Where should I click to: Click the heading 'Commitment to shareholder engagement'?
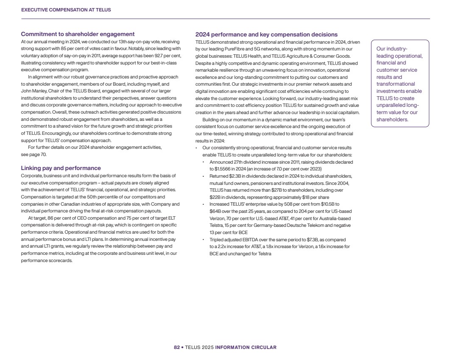[78, 34]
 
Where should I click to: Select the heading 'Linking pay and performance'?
[61, 168]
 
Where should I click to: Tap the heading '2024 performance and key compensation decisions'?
[266, 34]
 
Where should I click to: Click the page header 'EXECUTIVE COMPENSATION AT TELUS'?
[66, 10]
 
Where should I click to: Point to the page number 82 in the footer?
[176, 347]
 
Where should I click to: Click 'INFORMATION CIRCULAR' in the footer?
[246, 347]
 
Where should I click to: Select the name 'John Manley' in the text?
[34, 91]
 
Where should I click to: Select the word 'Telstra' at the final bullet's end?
[263, 254]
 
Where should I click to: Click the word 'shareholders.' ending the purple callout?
[392, 120]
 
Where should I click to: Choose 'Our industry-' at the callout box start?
[391, 49]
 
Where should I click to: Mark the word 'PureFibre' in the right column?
[233, 49]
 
